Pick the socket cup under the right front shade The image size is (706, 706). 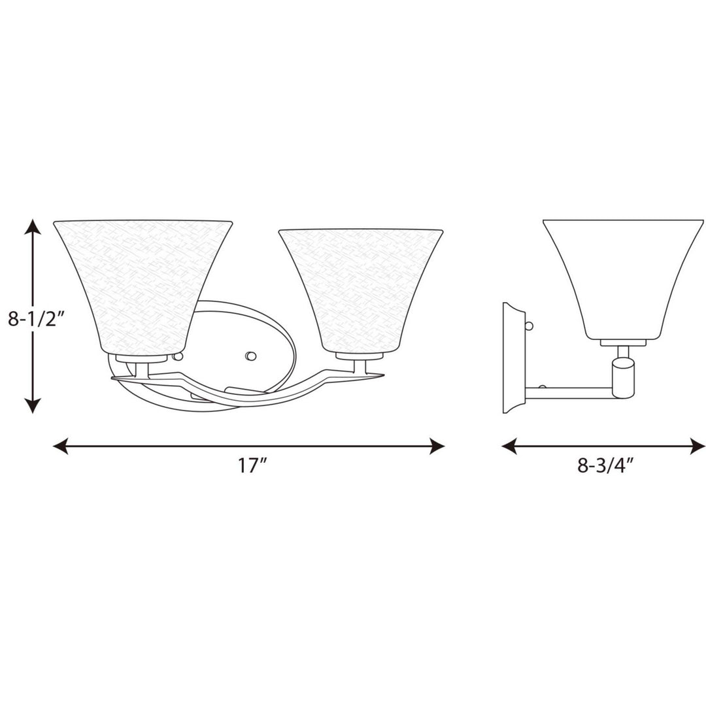click(359, 357)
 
